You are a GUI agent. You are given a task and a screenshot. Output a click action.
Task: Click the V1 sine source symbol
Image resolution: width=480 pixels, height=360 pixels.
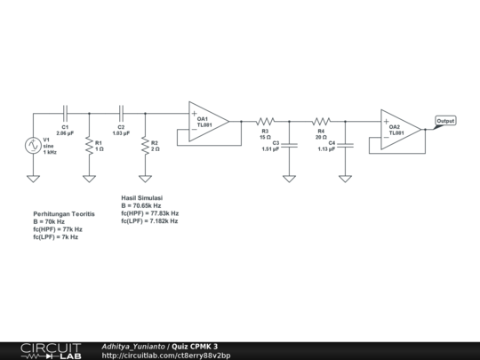pyautogui.click(x=33, y=146)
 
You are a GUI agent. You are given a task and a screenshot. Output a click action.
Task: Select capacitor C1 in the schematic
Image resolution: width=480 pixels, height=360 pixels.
pyautogui.click(x=64, y=113)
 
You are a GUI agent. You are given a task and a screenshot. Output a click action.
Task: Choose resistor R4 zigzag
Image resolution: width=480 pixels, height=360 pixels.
pyautogui.click(x=320, y=121)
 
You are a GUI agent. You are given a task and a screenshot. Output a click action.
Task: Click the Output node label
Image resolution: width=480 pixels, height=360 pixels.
pyautogui.click(x=445, y=121)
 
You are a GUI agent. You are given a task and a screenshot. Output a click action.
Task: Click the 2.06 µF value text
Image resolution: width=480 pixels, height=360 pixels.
pyautogui.click(x=65, y=132)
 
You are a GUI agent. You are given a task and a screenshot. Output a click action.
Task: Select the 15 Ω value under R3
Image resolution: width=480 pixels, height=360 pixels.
pyautogui.click(x=265, y=137)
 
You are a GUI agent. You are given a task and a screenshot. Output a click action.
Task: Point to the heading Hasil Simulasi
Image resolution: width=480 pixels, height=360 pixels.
pyautogui.click(x=142, y=198)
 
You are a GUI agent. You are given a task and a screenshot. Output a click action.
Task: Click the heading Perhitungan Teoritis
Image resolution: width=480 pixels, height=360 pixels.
pyautogui.click(x=64, y=214)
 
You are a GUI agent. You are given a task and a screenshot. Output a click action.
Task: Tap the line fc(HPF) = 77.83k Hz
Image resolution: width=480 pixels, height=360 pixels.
pyautogui.click(x=149, y=213)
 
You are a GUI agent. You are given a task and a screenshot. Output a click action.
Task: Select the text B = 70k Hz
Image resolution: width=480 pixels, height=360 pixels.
pyautogui.click(x=55, y=222)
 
